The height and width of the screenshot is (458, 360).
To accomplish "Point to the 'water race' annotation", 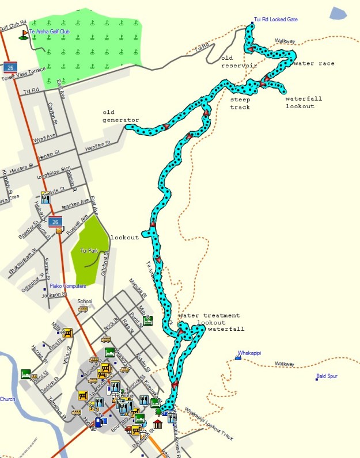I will coord(313,63).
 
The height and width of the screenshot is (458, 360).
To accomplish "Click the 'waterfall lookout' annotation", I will coord(304,102).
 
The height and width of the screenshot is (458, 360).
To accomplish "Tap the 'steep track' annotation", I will coord(240,103).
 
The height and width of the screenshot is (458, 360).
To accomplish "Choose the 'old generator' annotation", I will coord(121,116).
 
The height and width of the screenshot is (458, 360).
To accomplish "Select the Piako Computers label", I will coord(67,285).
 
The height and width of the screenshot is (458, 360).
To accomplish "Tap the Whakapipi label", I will coord(249,353).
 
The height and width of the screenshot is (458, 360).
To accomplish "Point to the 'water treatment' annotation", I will coord(209,316).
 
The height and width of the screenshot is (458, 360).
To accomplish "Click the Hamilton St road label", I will coord(97,148).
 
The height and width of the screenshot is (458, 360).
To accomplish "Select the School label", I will coord(85,301).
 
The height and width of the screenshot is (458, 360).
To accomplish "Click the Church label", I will coord(7,399).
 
